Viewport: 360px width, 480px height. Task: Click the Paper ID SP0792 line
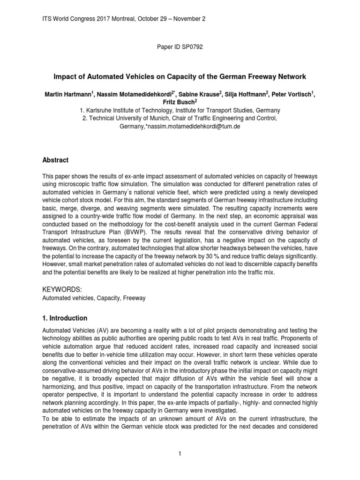pyautogui.click(x=180, y=47)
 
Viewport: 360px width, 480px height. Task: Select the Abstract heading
pyautogui.click(x=55, y=160)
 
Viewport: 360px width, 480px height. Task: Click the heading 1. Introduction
pyautogui.click(x=65, y=318)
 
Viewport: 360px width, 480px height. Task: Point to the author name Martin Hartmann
pyautogui.click(x=67, y=94)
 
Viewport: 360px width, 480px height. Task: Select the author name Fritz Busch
pyautogui.click(x=180, y=102)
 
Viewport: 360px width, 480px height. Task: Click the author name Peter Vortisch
pyautogui.click(x=294, y=94)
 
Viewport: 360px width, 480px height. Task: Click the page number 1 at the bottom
pyautogui.click(x=180, y=453)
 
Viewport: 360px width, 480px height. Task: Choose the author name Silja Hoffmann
pyautogui.click(x=246, y=94)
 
